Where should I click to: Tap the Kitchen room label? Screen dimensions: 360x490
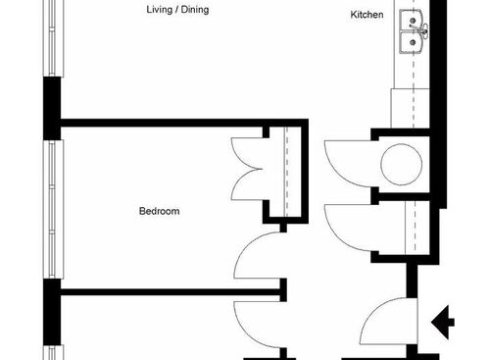coord(367,16)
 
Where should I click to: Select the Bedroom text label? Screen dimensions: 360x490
coord(159,211)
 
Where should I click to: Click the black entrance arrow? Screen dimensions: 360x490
coord(442,320)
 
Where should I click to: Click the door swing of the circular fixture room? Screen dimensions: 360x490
coord(345,160)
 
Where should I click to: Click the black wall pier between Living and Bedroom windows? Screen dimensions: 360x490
coord(51,107)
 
